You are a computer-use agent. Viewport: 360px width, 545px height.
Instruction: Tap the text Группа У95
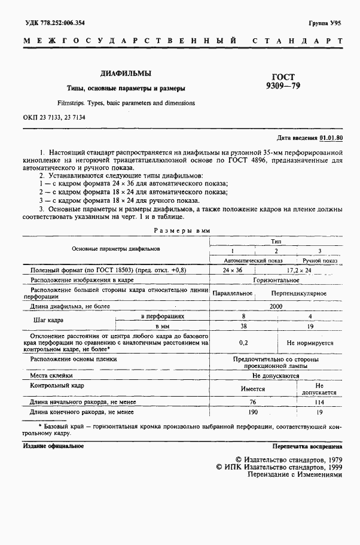pos(325,23)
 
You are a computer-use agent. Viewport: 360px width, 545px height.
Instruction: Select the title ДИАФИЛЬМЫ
pos(125,74)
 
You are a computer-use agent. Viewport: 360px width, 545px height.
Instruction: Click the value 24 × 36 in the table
pos(231,271)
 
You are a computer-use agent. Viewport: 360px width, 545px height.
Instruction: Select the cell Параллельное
pos(232,294)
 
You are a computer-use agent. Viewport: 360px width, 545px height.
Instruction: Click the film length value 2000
pos(276,306)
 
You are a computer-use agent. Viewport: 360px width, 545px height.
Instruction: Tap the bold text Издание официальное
pos(53,446)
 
